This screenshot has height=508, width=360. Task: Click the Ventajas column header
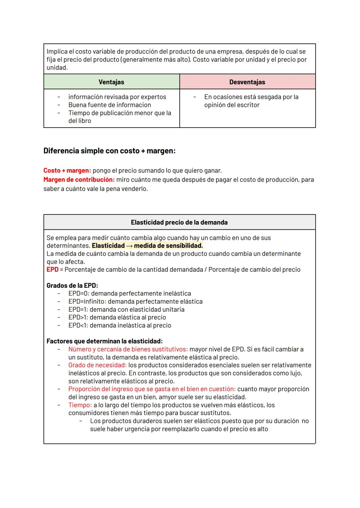click(111, 82)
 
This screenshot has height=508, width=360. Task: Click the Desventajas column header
click(247, 82)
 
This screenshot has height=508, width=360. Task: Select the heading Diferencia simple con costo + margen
click(109, 151)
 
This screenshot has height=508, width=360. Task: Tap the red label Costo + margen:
click(67, 171)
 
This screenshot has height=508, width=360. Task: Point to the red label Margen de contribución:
click(79, 180)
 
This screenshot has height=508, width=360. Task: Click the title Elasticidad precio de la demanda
click(179, 222)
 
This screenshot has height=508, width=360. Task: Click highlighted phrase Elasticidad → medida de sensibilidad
click(147, 246)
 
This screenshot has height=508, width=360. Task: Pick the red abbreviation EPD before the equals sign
click(52, 269)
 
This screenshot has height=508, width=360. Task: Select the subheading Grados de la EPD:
click(72, 285)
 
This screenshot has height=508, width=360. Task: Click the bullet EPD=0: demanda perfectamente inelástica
click(129, 293)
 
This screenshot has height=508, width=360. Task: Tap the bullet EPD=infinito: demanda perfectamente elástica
click(135, 301)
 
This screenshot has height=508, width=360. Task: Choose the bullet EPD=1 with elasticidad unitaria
click(126, 309)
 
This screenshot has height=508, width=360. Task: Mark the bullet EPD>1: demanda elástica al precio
click(117, 317)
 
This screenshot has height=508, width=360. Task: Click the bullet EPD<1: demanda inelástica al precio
click(119, 325)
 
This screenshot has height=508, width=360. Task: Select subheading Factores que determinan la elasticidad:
click(104, 341)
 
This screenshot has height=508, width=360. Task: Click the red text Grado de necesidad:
click(97, 365)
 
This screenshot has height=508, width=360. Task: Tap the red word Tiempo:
click(80, 405)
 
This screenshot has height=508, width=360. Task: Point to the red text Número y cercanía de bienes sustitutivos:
click(128, 349)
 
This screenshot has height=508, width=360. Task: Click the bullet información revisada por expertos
click(117, 97)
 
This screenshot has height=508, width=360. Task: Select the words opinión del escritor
click(232, 105)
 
